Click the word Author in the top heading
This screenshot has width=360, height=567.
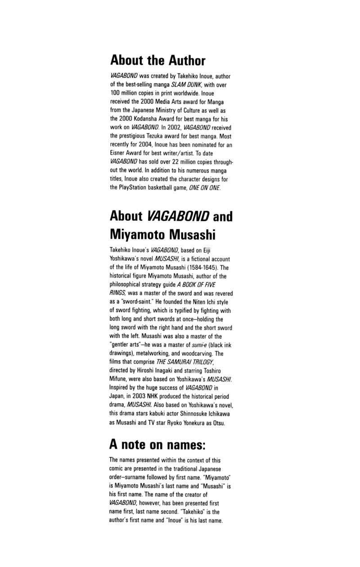tap(187, 60)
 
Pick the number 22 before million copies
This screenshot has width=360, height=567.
tap(176, 162)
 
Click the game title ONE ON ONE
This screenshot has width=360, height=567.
tap(205, 187)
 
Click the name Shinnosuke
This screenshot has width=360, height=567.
tap(198, 414)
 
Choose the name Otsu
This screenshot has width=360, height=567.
tap(219, 422)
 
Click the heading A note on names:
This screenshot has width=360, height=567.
tap(157, 445)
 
